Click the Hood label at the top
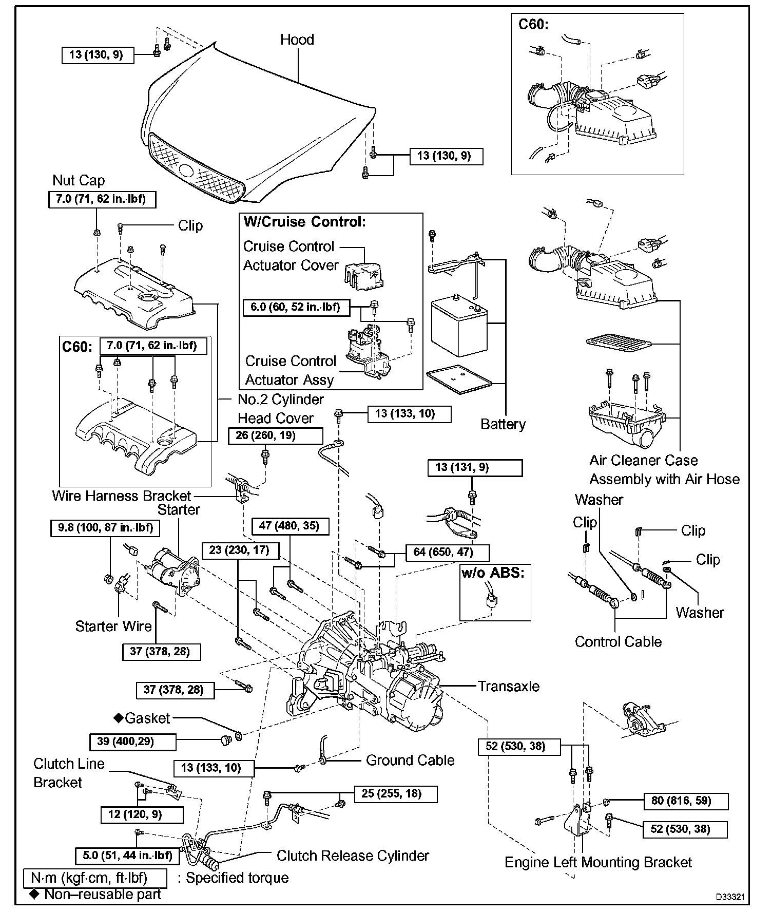pos(297,40)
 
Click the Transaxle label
pos(509,686)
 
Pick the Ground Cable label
pos(410,760)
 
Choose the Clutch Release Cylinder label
pos(353,856)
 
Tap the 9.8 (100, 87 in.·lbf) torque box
pos(105,528)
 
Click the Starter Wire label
pos(113,626)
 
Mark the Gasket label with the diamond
pos(142,718)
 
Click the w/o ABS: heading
pos(493,573)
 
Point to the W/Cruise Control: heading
pos(305,221)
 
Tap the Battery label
pos(503,424)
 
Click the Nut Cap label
pos(79,180)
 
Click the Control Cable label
pos(618,641)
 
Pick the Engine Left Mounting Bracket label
pos(599,862)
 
